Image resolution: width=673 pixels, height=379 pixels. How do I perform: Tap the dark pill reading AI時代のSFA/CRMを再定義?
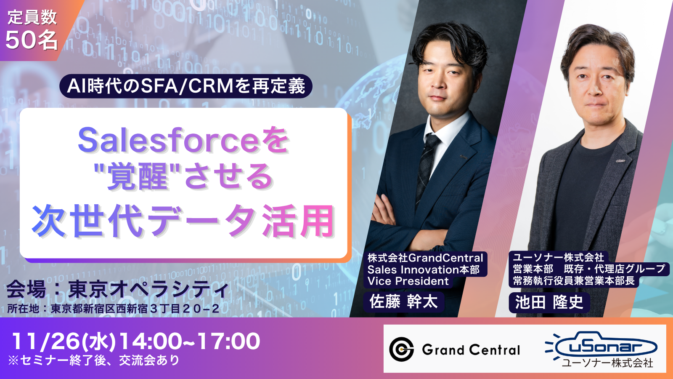tap(185, 86)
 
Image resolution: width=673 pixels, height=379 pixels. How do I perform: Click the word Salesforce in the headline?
tap(168, 140)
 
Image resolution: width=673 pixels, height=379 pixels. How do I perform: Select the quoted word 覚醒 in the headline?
tap(138, 176)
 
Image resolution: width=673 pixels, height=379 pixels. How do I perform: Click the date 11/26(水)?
tap(64, 341)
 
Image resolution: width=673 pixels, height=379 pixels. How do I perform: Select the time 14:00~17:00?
tap(190, 341)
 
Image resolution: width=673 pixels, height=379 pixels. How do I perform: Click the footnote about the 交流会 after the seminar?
tap(94, 360)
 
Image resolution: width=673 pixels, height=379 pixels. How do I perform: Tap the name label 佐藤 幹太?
tap(403, 302)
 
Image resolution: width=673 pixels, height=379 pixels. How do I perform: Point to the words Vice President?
tap(408, 281)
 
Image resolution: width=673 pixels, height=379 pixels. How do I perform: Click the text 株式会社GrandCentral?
tap(425, 258)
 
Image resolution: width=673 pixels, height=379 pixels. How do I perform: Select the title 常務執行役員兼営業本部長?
tap(574, 280)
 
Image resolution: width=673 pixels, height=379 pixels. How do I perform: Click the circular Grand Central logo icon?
tap(401, 349)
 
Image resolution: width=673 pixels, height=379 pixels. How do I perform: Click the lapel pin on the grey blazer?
tap(620, 160)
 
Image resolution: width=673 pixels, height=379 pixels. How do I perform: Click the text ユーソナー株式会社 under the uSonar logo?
tap(607, 363)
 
